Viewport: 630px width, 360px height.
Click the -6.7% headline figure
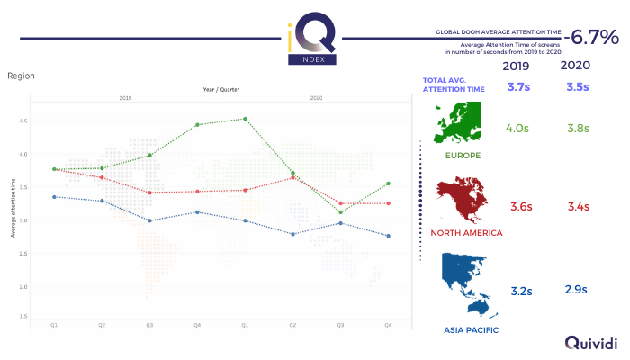point(590,38)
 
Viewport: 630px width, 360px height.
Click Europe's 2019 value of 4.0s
point(517,129)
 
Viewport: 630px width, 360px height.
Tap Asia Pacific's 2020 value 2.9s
point(576,290)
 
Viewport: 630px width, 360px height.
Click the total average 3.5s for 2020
point(576,87)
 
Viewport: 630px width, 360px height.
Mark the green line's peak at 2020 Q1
point(245,119)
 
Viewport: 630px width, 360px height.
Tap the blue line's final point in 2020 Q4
point(388,236)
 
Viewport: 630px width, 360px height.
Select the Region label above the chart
point(21,77)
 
